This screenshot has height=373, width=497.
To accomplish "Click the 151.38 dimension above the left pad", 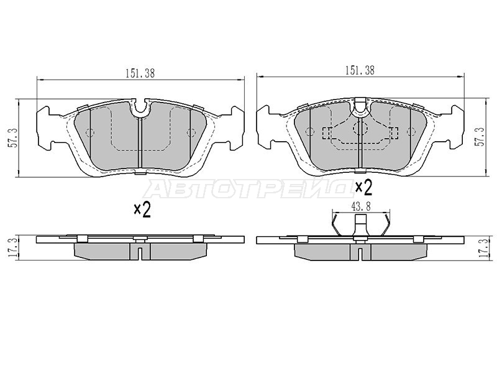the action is pos(140,73).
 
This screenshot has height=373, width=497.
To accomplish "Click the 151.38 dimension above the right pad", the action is pos(360,70).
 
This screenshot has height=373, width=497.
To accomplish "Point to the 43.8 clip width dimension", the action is pos(361,206).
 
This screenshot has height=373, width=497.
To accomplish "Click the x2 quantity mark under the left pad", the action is pos(142,210).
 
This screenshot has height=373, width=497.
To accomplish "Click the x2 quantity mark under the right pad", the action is pos(363,188).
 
